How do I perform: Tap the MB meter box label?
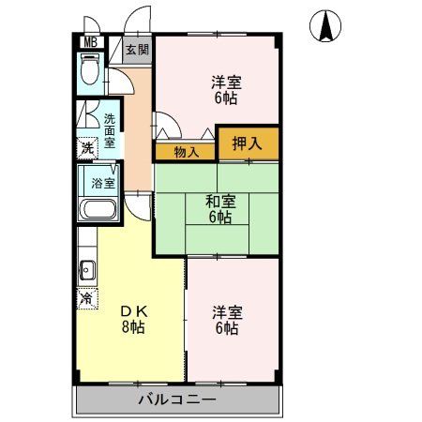coord(89,42)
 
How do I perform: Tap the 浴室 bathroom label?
coord(103,183)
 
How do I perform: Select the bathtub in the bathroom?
coord(98,209)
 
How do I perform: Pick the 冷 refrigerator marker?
coord(86,299)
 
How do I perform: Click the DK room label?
coord(131,312)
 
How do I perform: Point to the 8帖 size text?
coord(131,329)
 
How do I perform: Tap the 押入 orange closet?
coord(249,143)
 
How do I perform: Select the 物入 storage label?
coord(186,152)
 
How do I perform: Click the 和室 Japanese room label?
coord(221,201)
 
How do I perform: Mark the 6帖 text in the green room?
coord(221,218)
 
